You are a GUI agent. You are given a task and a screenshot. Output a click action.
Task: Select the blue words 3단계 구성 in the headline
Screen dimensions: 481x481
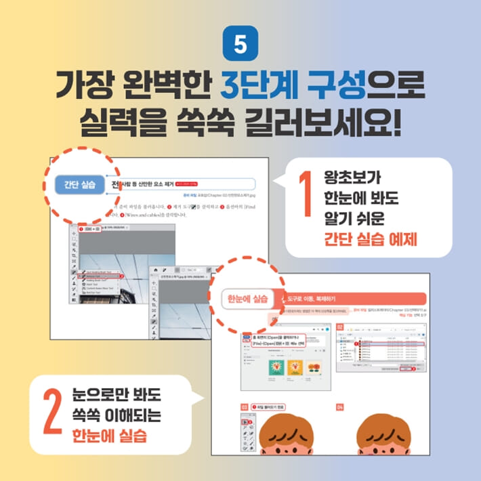294,87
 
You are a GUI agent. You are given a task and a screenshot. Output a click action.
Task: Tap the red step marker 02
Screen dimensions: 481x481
340,326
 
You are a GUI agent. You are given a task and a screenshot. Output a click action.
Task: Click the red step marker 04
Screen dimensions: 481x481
341,407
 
